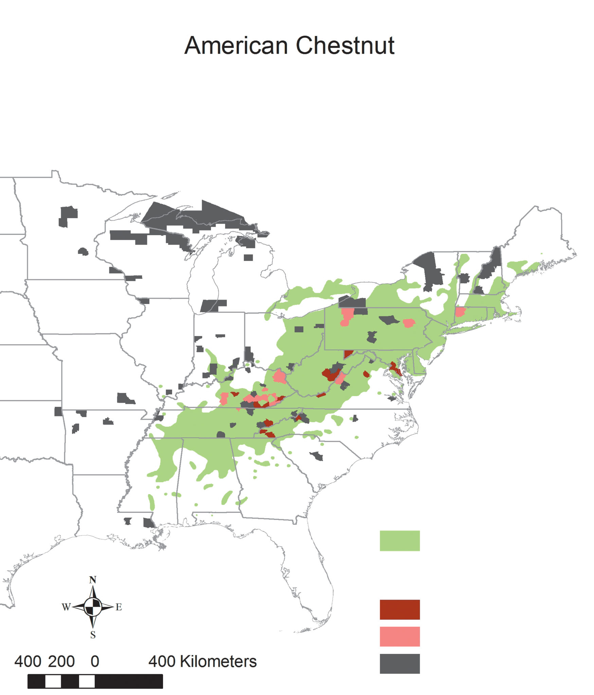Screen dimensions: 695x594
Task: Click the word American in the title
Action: pyautogui.click(x=236, y=45)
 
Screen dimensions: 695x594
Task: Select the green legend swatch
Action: pyautogui.click(x=399, y=541)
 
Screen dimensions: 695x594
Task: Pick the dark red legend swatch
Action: pyautogui.click(x=399, y=609)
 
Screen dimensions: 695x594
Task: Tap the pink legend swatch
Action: pyautogui.click(x=399, y=637)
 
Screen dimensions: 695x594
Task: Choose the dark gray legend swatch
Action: pyautogui.click(x=399, y=663)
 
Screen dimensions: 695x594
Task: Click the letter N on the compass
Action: pyautogui.click(x=93, y=580)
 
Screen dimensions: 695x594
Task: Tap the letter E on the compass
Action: pyautogui.click(x=119, y=607)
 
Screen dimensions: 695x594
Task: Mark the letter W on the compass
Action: pyautogui.click(x=66, y=607)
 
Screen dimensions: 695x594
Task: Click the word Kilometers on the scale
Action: pyautogui.click(x=218, y=661)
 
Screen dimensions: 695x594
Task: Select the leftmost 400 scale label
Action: pyautogui.click(x=28, y=661)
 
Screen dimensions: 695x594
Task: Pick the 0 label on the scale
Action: pyautogui.click(x=95, y=661)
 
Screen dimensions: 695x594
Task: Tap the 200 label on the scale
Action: pyautogui.click(x=61, y=661)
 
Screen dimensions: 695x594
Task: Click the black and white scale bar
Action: pyautogui.click(x=95, y=681)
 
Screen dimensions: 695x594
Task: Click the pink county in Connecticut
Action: pyautogui.click(x=460, y=312)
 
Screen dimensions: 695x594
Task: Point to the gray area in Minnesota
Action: pyautogui.click(x=69, y=215)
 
